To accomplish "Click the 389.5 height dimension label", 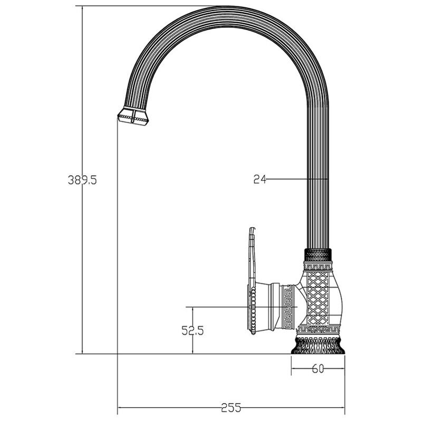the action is tap(82, 179).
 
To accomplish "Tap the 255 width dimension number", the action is tap(231, 408).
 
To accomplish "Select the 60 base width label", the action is tap(318, 369).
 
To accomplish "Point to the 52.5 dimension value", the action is tap(193, 330).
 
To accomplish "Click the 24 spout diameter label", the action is tap(260, 179).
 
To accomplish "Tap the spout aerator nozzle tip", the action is tap(133, 116).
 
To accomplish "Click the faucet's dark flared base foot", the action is tap(318, 346).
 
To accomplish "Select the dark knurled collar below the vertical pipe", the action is tap(318, 255).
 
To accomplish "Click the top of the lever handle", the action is tap(252, 229).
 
